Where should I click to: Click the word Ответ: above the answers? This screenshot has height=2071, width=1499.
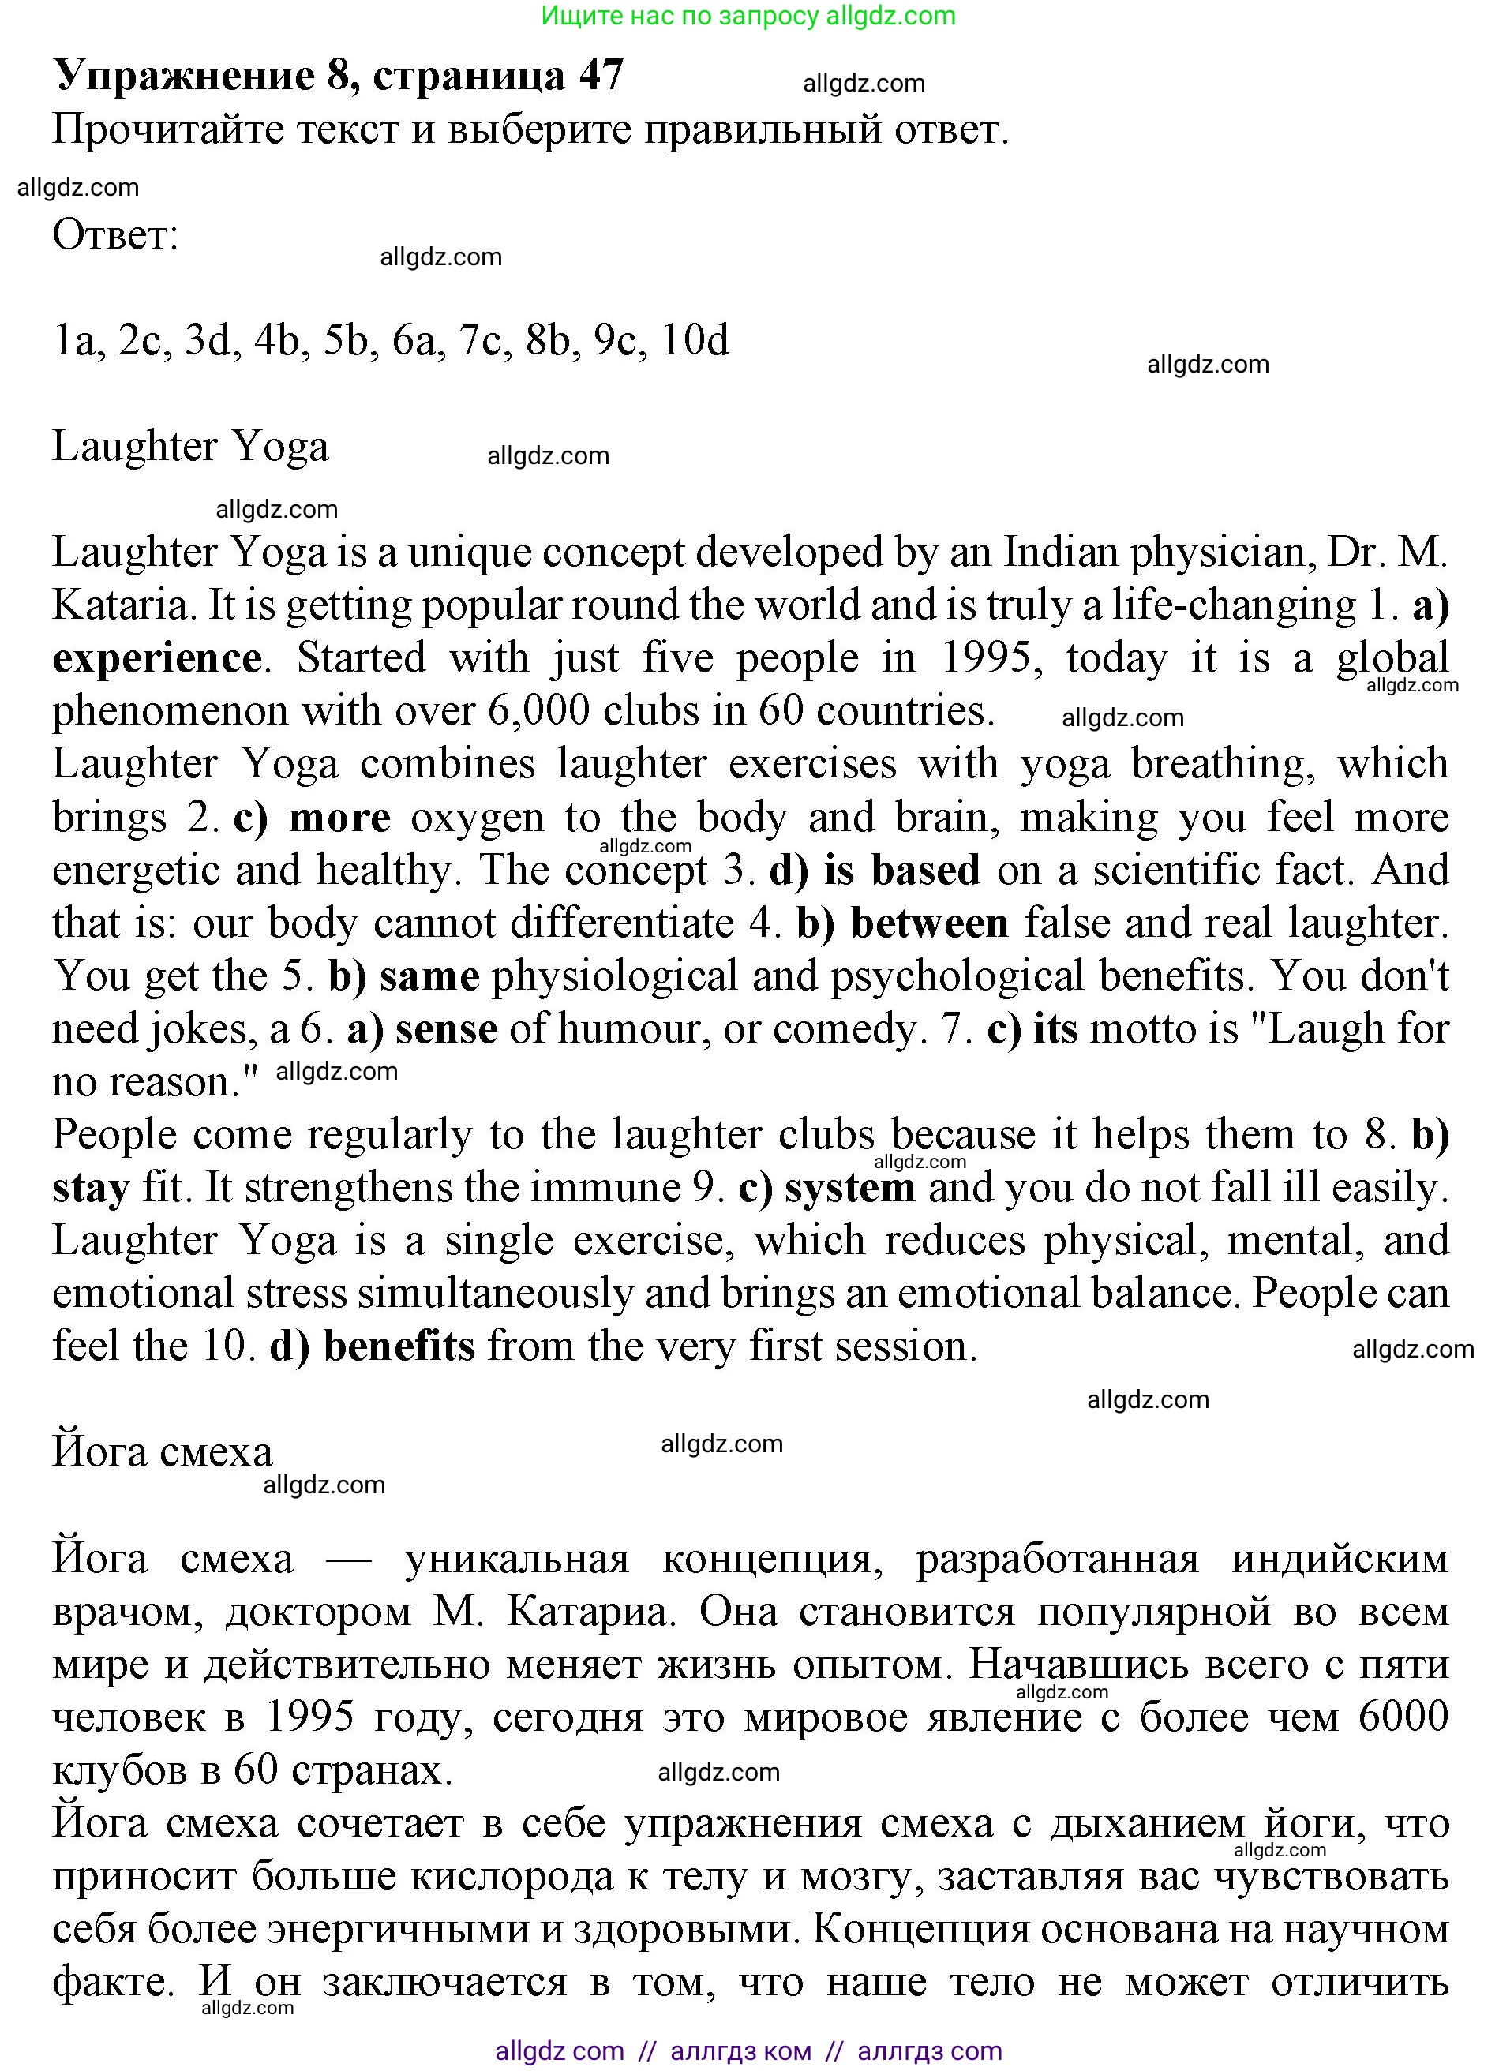(x=115, y=235)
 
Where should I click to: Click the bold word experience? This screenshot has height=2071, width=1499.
(x=157, y=658)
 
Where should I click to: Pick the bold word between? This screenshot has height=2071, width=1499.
(x=929, y=923)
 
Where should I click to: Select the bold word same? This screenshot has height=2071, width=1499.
(x=429, y=976)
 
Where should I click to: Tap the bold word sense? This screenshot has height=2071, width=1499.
(x=447, y=1029)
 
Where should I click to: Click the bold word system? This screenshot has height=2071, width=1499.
(x=849, y=1188)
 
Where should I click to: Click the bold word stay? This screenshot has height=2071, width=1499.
(x=91, y=1188)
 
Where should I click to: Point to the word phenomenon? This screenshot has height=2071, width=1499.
(x=168, y=711)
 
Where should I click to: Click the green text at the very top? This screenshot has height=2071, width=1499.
(x=748, y=16)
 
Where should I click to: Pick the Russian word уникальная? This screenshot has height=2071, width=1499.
(x=517, y=1559)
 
